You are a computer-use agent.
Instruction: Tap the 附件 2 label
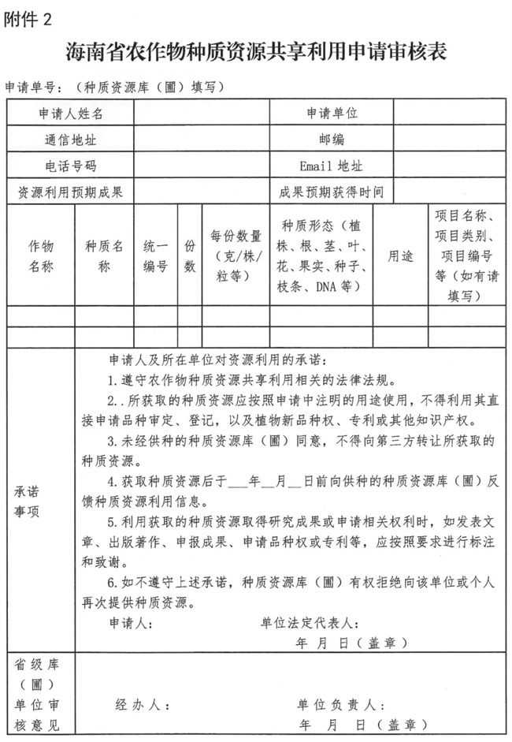[x=28, y=19]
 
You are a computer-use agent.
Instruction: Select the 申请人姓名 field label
[x=71, y=113]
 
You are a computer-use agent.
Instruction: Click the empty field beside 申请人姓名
[x=201, y=113]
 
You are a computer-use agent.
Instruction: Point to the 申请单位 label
[x=332, y=113]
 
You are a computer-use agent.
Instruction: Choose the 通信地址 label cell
[x=71, y=140]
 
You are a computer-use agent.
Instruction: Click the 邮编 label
[x=332, y=140]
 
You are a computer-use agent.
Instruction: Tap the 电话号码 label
[x=71, y=166]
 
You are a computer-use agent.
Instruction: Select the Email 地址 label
[x=332, y=166]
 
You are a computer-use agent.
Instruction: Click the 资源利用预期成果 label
[x=71, y=192]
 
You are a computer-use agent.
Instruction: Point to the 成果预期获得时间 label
[x=332, y=192]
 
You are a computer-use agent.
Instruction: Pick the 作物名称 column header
[x=41, y=255]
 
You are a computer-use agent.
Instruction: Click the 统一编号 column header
[x=155, y=255]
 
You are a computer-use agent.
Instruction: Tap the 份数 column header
[x=190, y=255]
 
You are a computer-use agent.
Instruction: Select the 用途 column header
[x=400, y=255]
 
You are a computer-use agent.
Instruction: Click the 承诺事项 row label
[x=29, y=501]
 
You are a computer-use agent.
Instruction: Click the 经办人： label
[x=142, y=704]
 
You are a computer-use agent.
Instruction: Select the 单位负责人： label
[x=340, y=704]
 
